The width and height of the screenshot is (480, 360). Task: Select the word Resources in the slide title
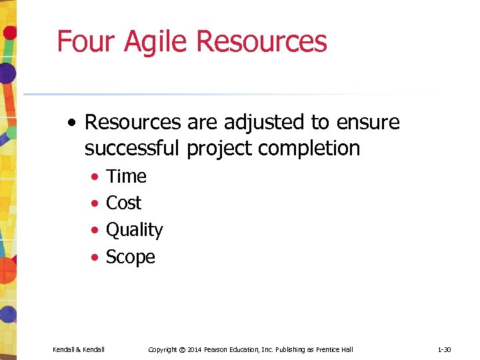tap(262, 41)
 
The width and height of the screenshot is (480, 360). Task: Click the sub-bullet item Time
tap(126, 177)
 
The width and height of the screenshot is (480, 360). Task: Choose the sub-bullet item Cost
tap(123, 203)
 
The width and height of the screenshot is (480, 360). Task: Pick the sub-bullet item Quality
tap(134, 230)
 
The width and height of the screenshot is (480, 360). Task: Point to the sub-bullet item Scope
tap(130, 257)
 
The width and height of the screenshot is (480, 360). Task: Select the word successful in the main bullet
tap(133, 148)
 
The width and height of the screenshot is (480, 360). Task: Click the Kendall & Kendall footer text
tap(78, 349)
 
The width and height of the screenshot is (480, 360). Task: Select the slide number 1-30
tap(444, 349)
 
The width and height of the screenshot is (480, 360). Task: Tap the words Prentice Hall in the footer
tap(335, 349)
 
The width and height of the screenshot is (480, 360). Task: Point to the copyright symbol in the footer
tap(182, 349)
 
